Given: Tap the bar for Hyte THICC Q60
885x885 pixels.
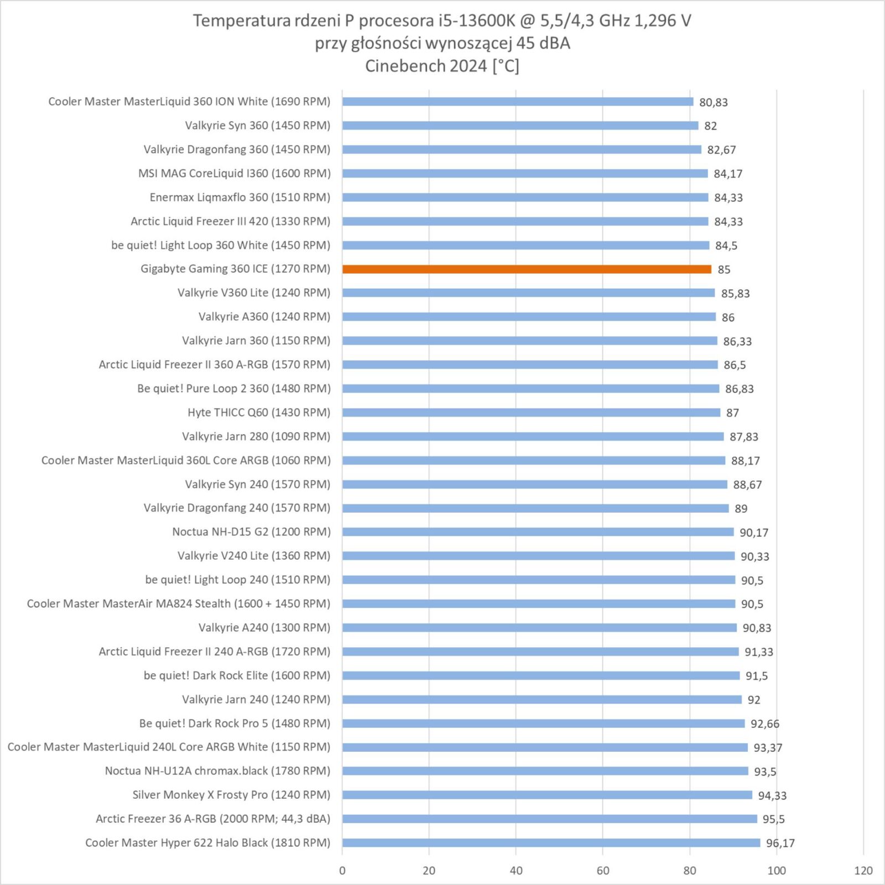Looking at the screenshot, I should point(531,413).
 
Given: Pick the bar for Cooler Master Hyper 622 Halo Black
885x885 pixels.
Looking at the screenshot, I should point(551,843).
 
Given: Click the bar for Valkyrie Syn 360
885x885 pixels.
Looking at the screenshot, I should point(520,126).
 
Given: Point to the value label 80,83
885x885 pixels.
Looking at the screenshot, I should point(713,102).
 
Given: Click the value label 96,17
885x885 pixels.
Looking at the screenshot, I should point(780,844).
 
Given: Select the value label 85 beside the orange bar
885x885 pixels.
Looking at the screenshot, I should point(723,270).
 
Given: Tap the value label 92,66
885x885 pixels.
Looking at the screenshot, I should point(764,724).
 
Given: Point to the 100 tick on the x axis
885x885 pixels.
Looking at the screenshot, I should point(776,871).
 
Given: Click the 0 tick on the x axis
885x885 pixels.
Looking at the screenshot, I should point(342,871).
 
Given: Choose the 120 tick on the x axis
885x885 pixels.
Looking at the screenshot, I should point(863,871).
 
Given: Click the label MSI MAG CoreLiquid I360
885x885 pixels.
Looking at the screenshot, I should point(234,174).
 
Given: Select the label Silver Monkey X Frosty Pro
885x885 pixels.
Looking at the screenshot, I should point(231,795).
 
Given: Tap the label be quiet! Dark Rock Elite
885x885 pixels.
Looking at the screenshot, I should point(237,675).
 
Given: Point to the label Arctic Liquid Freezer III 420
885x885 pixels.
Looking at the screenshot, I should point(230,221).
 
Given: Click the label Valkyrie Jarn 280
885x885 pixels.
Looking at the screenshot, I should point(256,436).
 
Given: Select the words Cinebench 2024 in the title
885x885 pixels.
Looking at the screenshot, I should point(426,66).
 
